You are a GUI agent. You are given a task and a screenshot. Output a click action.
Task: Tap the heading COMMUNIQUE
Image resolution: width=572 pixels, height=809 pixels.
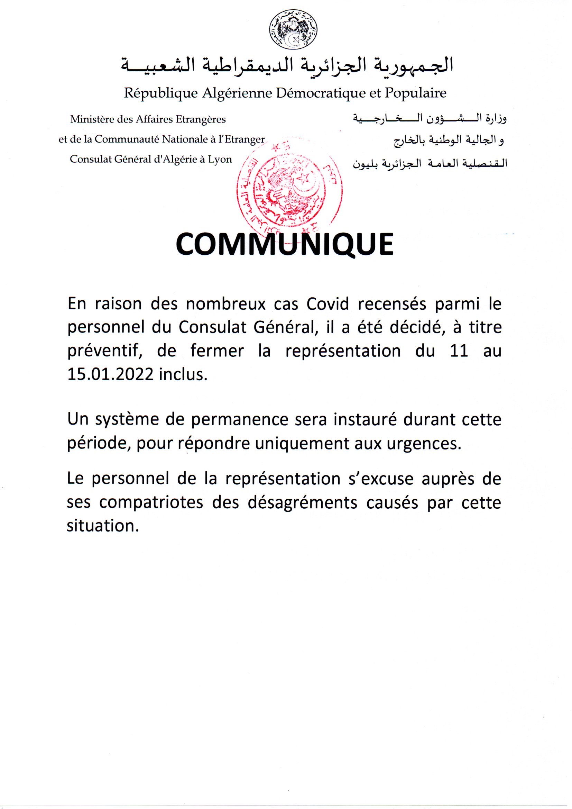tap(285, 244)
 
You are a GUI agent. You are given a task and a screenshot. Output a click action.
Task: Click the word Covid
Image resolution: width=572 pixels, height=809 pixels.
tap(327, 304)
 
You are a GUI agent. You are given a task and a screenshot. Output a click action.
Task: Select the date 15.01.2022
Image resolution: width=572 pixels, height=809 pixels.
tap(111, 374)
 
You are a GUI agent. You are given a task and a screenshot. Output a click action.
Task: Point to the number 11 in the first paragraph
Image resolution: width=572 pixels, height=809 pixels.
tap(459, 351)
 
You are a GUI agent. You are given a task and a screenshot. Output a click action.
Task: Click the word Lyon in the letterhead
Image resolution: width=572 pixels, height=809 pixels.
tap(220, 159)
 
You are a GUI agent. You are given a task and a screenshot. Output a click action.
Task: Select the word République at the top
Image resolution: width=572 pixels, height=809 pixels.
tap(160, 93)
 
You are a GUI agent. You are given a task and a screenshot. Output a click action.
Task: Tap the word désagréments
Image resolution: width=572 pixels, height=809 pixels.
tap(303, 503)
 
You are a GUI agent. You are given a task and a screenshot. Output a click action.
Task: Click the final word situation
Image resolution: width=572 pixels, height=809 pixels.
tap(101, 526)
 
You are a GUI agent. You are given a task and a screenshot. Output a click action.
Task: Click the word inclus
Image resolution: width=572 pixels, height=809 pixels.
tap(183, 374)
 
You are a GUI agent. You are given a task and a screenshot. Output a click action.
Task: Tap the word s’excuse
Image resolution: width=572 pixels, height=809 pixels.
tap(381, 479)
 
